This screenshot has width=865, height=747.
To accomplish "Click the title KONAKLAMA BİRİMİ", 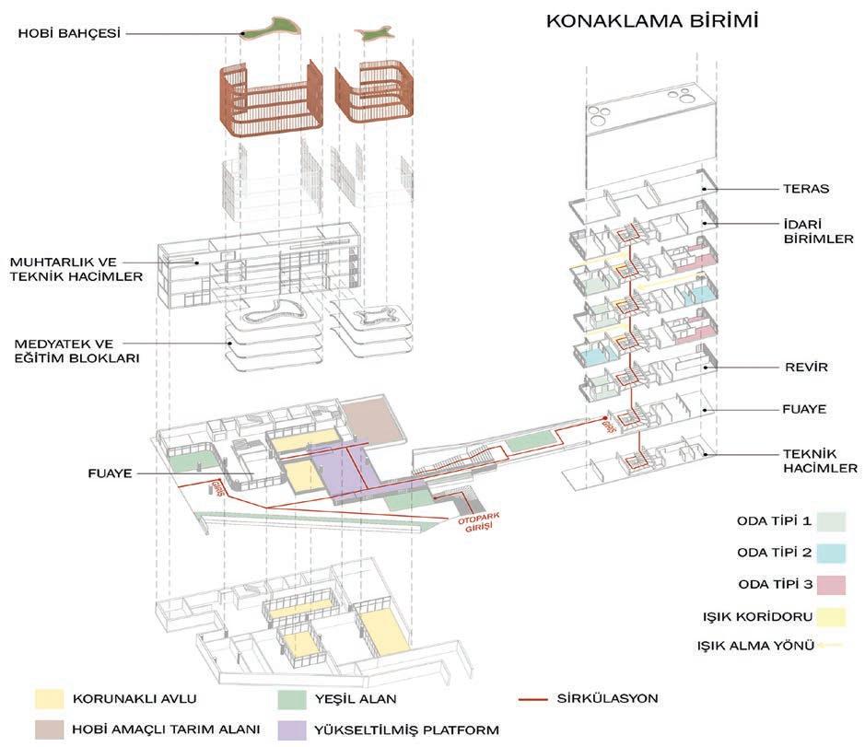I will (652, 20).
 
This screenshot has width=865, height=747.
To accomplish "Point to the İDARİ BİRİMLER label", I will (800, 229).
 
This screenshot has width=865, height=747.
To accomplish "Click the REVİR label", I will (801, 367).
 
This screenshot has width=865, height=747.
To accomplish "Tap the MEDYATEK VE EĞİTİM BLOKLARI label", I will (76, 352).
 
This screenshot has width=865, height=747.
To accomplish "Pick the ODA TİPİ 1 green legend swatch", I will (830, 522).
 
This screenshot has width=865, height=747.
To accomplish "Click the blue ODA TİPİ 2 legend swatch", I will (830, 554).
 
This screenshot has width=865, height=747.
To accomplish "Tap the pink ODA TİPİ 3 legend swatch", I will (830, 584).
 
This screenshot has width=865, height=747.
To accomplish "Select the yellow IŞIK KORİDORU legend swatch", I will (830, 615).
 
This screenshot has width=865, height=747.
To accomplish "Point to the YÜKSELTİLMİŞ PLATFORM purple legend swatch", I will (293, 729).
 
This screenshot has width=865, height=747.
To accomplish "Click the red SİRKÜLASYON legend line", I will (535, 699).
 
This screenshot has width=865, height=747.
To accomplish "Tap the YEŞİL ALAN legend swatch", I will (293, 699).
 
